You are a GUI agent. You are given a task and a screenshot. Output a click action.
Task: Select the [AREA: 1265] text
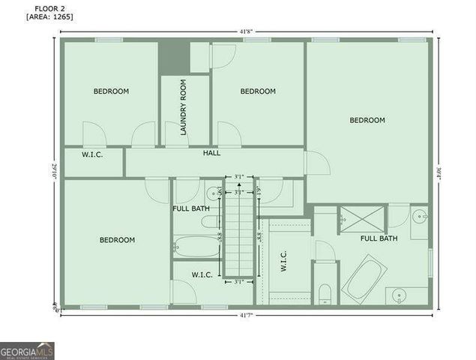tap(49, 16)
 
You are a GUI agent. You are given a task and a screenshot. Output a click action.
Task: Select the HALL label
tap(212, 153)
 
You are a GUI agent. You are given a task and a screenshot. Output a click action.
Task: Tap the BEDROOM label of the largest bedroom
tap(367, 120)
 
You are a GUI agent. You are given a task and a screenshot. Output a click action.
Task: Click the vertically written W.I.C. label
tap(284, 260)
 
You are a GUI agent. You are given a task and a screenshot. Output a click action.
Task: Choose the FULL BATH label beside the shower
tap(379, 238)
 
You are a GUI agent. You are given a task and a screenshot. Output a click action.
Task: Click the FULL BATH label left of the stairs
tap(190, 208)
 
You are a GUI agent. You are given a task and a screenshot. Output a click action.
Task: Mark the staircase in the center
tap(240, 232)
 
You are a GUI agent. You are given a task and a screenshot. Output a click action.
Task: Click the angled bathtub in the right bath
tap(363, 278)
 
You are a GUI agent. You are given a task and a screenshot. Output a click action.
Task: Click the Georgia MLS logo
tap(27, 350)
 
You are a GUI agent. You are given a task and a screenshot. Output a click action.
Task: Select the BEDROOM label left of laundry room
tap(111, 91)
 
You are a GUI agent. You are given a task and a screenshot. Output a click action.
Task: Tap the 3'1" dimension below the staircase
tap(239, 283)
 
